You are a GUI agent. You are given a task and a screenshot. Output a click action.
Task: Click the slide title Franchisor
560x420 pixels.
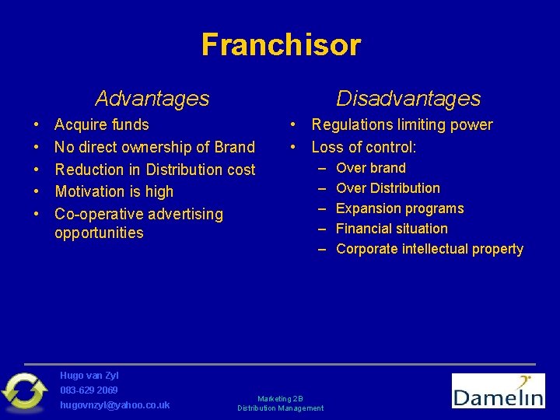tap(281, 45)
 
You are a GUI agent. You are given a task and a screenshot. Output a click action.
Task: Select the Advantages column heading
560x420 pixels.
tap(152, 99)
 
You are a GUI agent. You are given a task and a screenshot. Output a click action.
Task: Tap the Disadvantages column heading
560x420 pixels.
tap(408, 99)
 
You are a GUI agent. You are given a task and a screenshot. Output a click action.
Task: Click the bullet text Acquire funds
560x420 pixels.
tap(101, 124)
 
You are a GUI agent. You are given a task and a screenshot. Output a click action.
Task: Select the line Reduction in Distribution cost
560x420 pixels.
tap(155, 170)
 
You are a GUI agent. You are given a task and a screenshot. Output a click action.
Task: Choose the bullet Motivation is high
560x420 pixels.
tap(114, 191)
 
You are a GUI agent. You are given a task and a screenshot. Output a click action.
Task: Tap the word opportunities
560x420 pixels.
tap(99, 233)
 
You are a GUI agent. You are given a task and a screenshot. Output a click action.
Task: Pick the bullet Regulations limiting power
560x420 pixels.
tap(401, 124)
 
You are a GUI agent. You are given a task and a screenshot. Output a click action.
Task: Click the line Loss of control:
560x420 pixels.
tap(363, 147)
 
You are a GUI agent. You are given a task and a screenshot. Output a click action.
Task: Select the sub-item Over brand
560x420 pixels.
tap(370, 168)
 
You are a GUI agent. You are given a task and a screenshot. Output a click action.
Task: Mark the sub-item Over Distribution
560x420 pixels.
tap(387, 188)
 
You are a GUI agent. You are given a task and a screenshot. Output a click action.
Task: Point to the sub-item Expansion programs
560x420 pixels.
tap(399, 208)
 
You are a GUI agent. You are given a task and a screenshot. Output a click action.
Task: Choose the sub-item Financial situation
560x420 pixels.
tap(391, 229)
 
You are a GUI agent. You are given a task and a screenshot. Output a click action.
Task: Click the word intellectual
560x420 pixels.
tap(436, 249)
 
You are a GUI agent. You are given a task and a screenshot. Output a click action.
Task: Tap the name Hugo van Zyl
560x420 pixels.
tap(89, 376)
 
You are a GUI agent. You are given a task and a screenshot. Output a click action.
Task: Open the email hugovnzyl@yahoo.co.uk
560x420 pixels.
tap(114, 405)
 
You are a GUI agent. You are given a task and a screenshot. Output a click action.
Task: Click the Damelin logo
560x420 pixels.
tap(498, 390)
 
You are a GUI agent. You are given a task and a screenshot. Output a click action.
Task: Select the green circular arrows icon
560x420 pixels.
tap(24, 391)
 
